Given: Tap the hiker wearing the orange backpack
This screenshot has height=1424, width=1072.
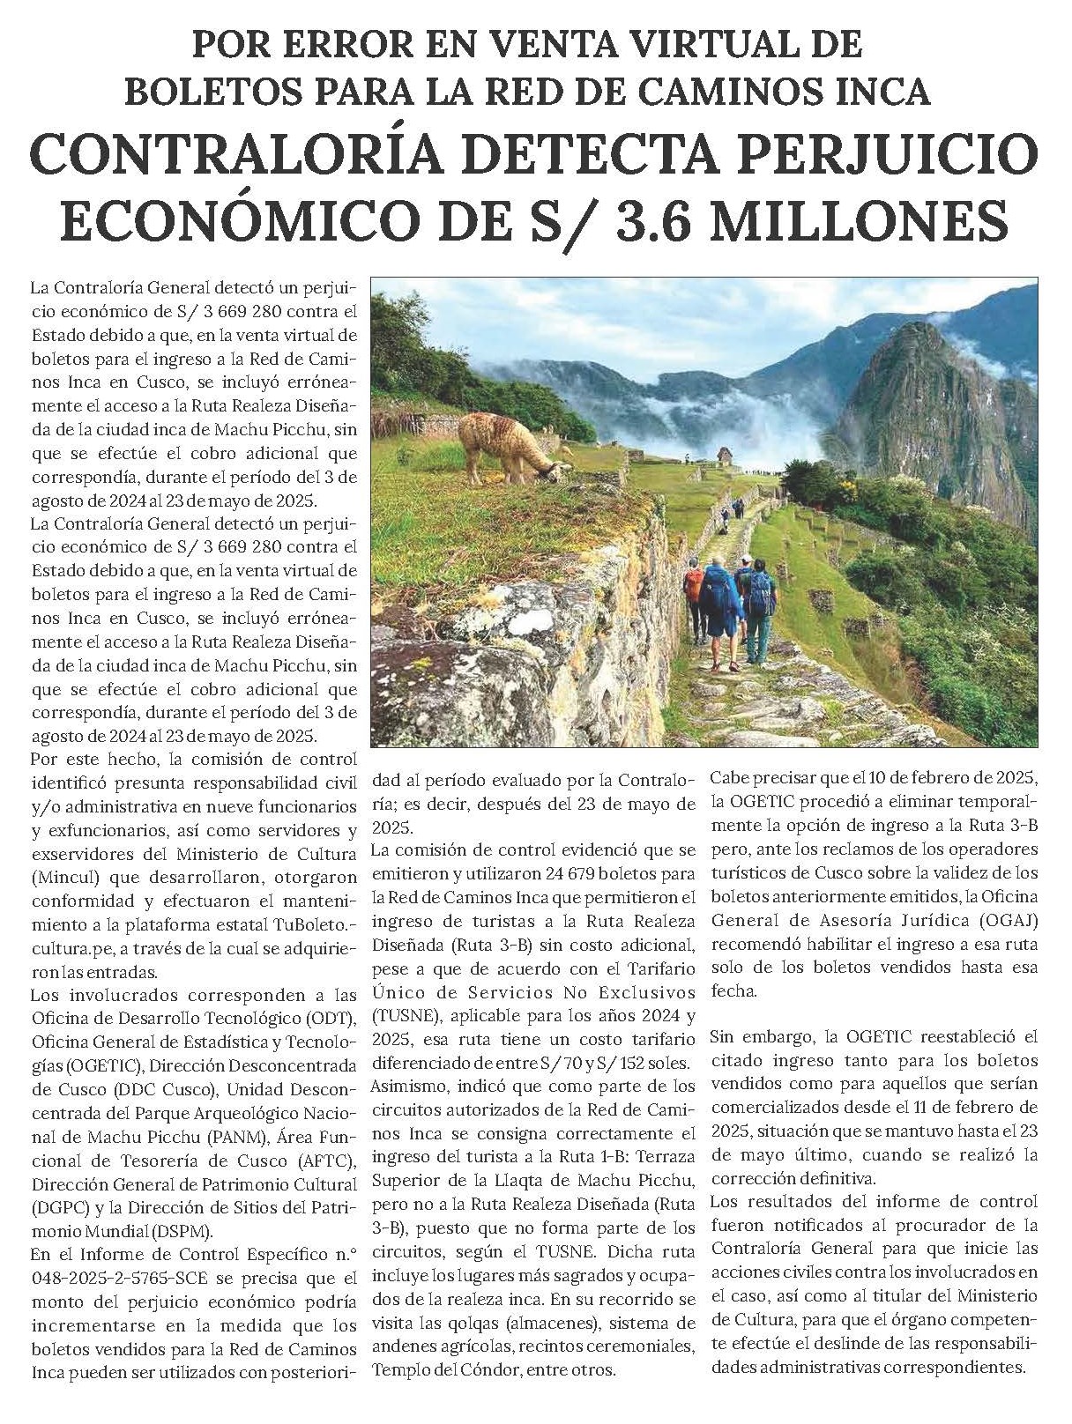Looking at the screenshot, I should coord(695,582).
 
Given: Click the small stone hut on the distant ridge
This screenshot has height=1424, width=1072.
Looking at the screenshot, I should coord(725,455).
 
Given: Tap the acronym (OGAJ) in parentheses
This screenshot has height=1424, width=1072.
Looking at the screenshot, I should coord(1006,920).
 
